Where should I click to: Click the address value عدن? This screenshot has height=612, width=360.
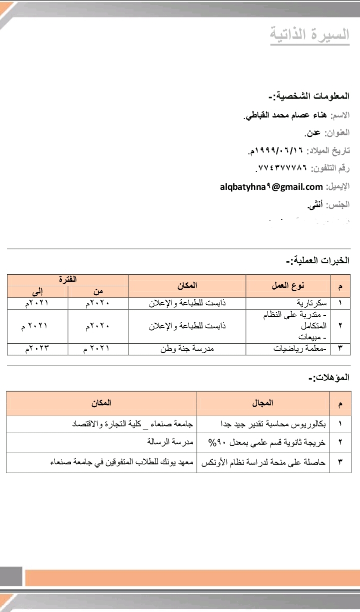coord(313,133)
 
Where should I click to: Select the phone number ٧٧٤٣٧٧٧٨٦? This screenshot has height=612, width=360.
coord(281,168)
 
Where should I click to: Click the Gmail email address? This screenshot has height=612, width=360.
coord(271,187)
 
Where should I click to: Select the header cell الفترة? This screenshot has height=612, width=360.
coord(67,280)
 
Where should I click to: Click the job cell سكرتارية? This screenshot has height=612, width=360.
coord(312,303)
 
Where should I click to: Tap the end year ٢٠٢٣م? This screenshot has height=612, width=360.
coord(37,349)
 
